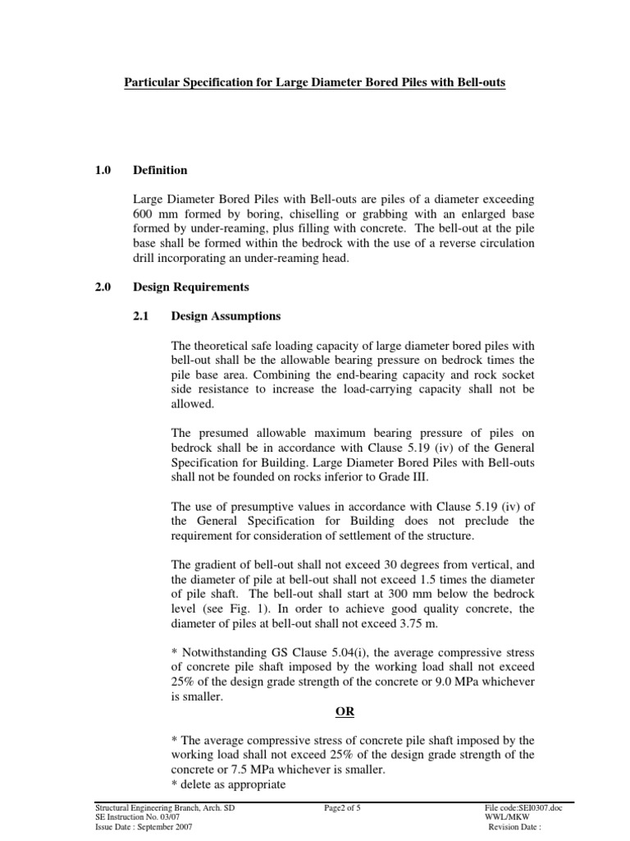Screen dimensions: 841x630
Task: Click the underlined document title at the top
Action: (x=314, y=83)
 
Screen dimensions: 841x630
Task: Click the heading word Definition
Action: (x=160, y=170)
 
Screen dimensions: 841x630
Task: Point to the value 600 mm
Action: (x=153, y=214)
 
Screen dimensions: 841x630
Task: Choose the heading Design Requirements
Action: (x=191, y=287)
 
